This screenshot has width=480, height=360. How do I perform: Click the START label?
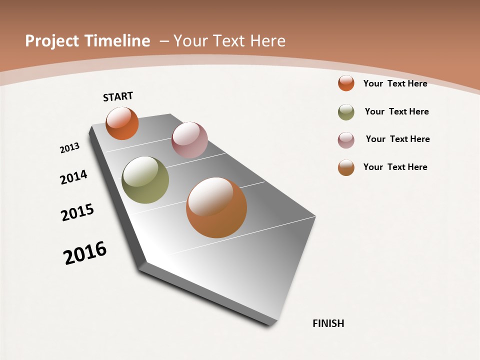click(118, 96)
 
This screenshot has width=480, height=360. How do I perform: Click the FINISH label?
click(328, 323)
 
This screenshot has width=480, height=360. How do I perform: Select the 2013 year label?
click(69, 148)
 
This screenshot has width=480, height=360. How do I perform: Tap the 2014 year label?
click(73, 177)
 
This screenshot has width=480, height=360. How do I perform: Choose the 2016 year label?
click(85, 252)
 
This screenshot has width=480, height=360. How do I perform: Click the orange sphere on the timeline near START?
click(122, 123)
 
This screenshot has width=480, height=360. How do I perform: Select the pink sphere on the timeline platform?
click(189, 140)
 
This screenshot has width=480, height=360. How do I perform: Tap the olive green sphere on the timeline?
click(145, 180)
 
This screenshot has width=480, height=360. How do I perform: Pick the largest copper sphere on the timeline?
click(216, 207)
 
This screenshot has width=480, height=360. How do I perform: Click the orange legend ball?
click(346, 83)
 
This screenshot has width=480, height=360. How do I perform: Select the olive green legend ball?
click(346, 112)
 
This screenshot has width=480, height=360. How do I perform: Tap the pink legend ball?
click(346, 140)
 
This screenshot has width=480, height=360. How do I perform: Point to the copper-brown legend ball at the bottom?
click(346, 167)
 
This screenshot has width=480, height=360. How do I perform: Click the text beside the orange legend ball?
click(395, 83)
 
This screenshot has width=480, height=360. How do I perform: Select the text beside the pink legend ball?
click(397, 139)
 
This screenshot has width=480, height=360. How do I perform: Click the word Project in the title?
click(53, 41)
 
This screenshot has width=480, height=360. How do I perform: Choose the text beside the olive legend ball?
click(396, 111)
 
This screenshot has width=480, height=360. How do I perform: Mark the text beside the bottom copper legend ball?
click(395, 167)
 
